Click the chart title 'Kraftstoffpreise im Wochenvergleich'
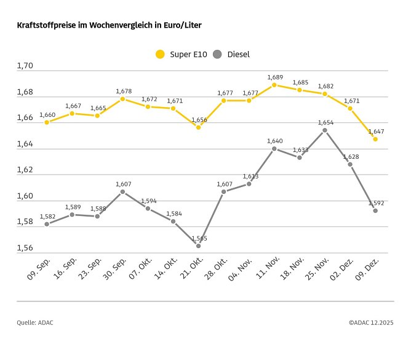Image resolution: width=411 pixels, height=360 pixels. coord(109,26)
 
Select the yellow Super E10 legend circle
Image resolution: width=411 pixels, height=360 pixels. coord(161,54)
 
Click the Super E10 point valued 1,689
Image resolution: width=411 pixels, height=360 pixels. coord(274,85)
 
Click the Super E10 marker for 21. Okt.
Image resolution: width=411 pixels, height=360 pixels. coord(198,127)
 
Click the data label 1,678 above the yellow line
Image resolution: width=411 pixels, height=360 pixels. coord(123,91)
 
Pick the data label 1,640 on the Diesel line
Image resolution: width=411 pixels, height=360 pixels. coord(274,141)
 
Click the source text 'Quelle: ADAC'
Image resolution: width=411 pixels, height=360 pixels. coord(34,322)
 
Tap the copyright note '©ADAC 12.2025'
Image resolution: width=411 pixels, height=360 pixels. coord(371,322)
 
